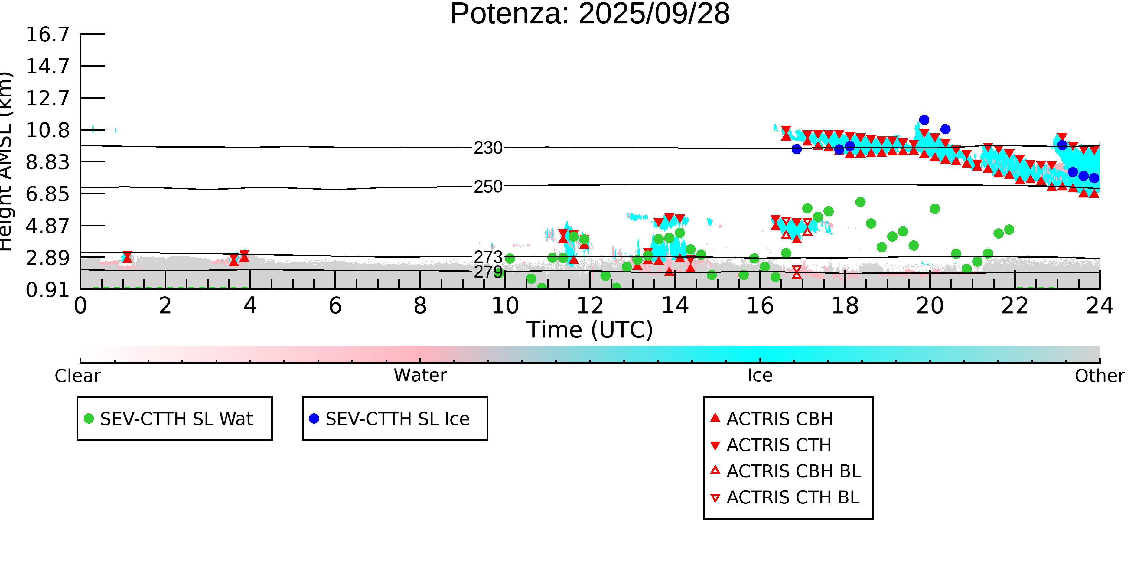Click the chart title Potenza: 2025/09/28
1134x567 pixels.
pos(590,14)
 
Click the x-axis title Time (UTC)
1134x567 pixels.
pos(590,330)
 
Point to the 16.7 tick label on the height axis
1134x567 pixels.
pos(47,35)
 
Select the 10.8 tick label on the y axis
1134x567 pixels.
pos(47,130)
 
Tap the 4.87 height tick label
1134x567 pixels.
pos(47,226)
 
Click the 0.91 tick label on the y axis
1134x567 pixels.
pos(47,290)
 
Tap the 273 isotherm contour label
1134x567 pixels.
pos(488,257)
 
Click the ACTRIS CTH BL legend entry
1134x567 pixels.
pos(792,498)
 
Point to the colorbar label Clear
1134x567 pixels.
pos(77,376)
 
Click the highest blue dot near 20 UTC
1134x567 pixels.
pos(924,120)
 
